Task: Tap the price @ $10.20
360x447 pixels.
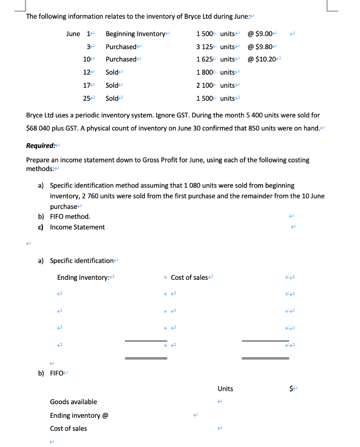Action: (262, 59)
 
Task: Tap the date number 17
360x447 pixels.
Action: (86, 85)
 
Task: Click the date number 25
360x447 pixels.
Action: (86, 98)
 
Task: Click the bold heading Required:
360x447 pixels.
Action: (40, 146)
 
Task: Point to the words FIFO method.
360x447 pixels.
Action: (70, 217)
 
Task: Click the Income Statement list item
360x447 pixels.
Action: (77, 227)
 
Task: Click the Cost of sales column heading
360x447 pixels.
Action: (189, 278)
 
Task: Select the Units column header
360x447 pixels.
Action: (225, 389)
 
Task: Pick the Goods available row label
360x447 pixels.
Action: (73, 402)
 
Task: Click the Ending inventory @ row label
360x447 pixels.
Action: (79, 415)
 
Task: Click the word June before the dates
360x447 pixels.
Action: (73, 34)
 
